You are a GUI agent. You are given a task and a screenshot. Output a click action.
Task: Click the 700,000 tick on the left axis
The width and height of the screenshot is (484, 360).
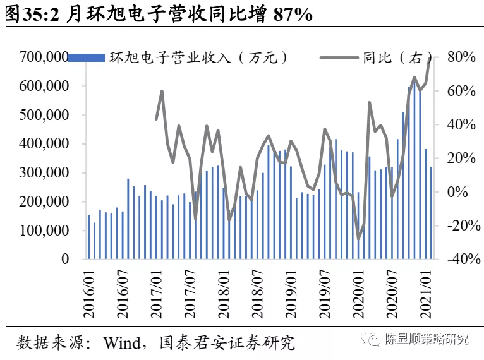point(43,57)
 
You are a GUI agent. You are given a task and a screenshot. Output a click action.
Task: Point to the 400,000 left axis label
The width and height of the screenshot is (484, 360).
point(43,144)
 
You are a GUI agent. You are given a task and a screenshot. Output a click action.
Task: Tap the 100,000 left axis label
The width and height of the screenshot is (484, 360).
point(43,231)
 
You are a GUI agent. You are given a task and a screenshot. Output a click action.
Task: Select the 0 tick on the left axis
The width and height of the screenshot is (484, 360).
point(65,259)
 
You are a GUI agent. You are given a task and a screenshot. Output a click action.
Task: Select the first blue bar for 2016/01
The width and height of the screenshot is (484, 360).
point(89,237)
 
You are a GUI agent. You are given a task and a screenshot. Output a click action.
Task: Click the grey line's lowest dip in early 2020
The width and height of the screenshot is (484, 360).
point(359,239)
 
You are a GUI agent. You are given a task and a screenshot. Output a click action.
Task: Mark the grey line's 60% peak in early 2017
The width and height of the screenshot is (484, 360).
point(162,92)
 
